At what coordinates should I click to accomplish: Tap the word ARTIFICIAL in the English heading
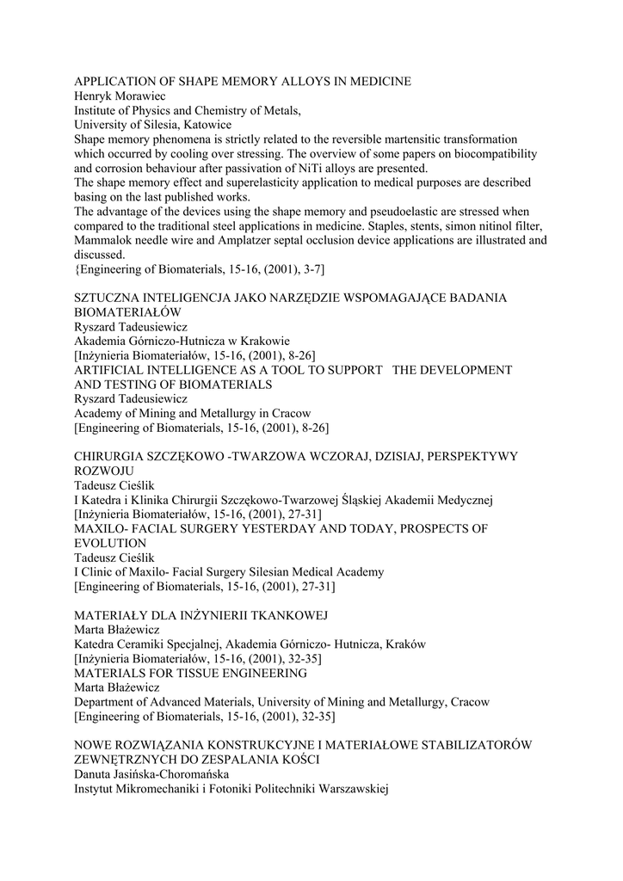112,370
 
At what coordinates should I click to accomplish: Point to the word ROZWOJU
104,471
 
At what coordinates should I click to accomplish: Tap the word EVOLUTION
110,544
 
